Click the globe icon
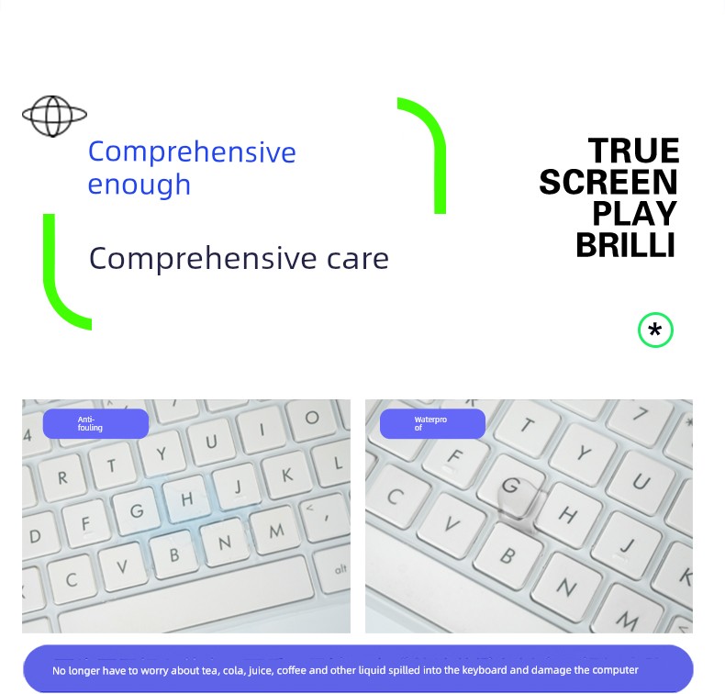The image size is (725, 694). pos(54,116)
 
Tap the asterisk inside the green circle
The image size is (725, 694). pos(654,330)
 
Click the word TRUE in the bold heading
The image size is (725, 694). pos(633,151)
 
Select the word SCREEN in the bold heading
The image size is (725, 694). pos(608,182)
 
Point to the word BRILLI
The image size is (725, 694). pos(626,245)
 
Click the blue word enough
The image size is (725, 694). pos(139,185)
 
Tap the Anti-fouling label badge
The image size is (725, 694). pos(95,423)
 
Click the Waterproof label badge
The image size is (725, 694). pos(432,423)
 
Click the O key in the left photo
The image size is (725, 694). pos(311,419)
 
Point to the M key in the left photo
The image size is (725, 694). pos(276,531)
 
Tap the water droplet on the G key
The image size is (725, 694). pos(517,499)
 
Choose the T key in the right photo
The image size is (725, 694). pos(527,426)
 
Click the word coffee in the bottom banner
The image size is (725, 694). pos(292,670)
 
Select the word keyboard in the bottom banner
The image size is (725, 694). pos(485,670)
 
